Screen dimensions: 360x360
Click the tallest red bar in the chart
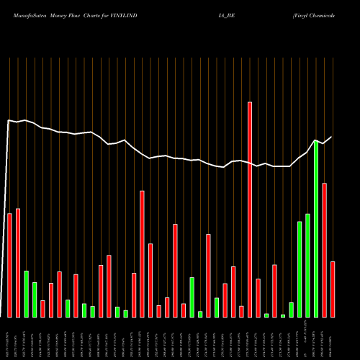pos(250,209)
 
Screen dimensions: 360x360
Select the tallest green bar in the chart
pos(316,229)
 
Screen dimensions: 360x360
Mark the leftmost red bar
pos(9,265)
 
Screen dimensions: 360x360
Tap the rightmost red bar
pos(333,289)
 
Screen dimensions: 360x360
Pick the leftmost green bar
pos(26,294)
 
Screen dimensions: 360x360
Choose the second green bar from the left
pos(35,300)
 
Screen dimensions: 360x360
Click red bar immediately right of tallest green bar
pos(325,250)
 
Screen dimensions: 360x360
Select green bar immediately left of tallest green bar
pos(308,265)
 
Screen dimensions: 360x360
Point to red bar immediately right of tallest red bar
pos(258,297)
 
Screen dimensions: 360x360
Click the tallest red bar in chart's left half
pos(142,253)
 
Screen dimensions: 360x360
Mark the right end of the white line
pos(332,137)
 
